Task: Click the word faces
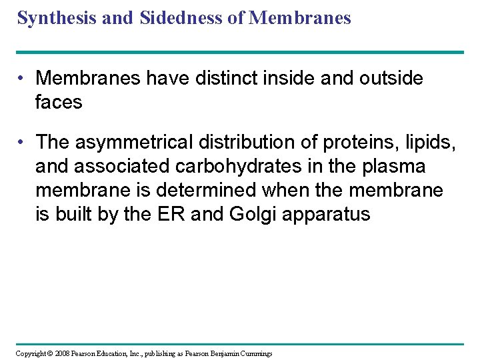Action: pos(59,102)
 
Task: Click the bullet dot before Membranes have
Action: pos(23,79)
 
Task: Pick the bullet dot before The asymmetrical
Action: pos(23,143)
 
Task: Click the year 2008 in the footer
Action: pos(61,353)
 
